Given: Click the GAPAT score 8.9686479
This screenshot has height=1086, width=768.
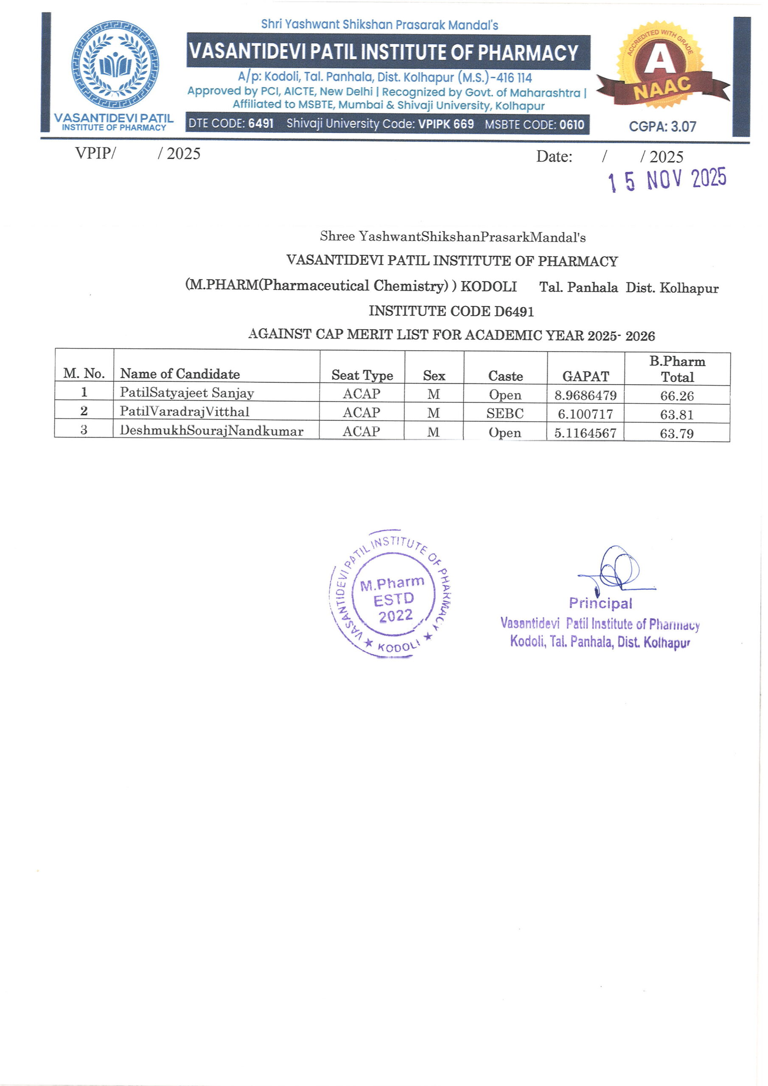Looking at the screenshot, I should pyautogui.click(x=586, y=395).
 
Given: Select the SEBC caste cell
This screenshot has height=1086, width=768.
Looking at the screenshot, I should pyautogui.click(x=505, y=413).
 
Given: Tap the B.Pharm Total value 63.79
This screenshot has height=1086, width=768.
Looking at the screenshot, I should pyautogui.click(x=677, y=433).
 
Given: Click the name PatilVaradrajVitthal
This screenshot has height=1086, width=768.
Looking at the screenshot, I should pyautogui.click(x=184, y=411).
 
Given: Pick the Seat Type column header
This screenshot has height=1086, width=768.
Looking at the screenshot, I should pyautogui.click(x=362, y=375).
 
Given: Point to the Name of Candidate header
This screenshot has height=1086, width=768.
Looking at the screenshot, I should pyautogui.click(x=180, y=374).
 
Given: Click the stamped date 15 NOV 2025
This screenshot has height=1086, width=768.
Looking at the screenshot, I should pyautogui.click(x=667, y=180).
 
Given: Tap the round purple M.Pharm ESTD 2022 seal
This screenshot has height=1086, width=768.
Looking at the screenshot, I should pyautogui.click(x=391, y=593).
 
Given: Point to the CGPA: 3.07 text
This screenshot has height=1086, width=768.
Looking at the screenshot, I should pyautogui.click(x=662, y=127).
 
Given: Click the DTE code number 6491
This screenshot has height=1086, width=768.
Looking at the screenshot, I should pyautogui.click(x=261, y=124).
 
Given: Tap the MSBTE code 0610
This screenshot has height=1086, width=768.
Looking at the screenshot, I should pyautogui.click(x=572, y=125).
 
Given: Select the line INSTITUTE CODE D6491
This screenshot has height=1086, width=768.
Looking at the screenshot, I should pyautogui.click(x=451, y=311).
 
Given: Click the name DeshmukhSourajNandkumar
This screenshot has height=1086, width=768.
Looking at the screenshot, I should pyautogui.click(x=212, y=431).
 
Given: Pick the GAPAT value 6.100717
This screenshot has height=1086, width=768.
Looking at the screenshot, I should pyautogui.click(x=586, y=414).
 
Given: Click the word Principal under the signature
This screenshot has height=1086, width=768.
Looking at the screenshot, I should pyautogui.click(x=600, y=603).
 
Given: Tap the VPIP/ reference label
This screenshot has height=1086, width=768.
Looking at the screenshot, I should pyautogui.click(x=95, y=153).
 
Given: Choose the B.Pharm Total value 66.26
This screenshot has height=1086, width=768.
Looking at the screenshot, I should pyautogui.click(x=677, y=395).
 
